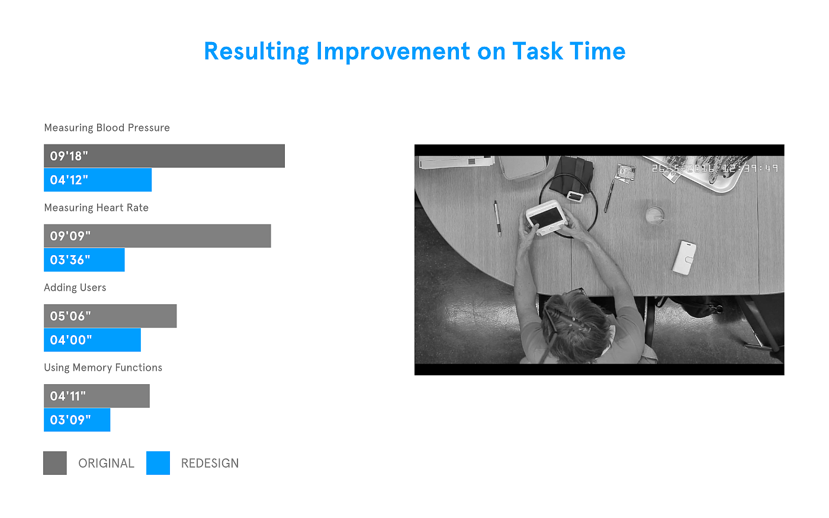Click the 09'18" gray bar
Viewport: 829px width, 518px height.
click(x=165, y=156)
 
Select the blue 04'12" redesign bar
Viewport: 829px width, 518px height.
click(x=98, y=180)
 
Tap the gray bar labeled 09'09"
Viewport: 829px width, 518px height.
click(x=158, y=236)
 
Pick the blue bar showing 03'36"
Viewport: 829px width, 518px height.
click(x=84, y=260)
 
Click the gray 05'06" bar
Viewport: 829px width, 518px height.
click(x=110, y=316)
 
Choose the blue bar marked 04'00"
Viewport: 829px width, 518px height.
click(x=92, y=340)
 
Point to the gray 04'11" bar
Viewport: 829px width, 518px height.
click(x=97, y=396)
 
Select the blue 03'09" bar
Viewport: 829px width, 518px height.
click(x=77, y=420)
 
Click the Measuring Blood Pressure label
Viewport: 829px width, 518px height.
click(x=107, y=128)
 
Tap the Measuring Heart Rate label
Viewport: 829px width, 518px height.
click(x=96, y=208)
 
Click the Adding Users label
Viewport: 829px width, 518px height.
click(x=75, y=288)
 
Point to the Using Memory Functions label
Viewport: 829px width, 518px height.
click(x=103, y=368)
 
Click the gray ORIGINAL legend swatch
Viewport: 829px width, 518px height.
click(x=54, y=463)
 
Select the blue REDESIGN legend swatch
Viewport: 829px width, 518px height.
click(x=158, y=463)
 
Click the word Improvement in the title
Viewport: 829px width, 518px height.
click(x=393, y=52)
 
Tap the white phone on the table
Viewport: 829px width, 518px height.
click(x=685, y=258)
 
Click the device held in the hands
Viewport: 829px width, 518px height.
click(x=547, y=218)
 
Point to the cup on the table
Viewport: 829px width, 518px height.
click(x=655, y=215)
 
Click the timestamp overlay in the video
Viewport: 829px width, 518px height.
click(x=715, y=168)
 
